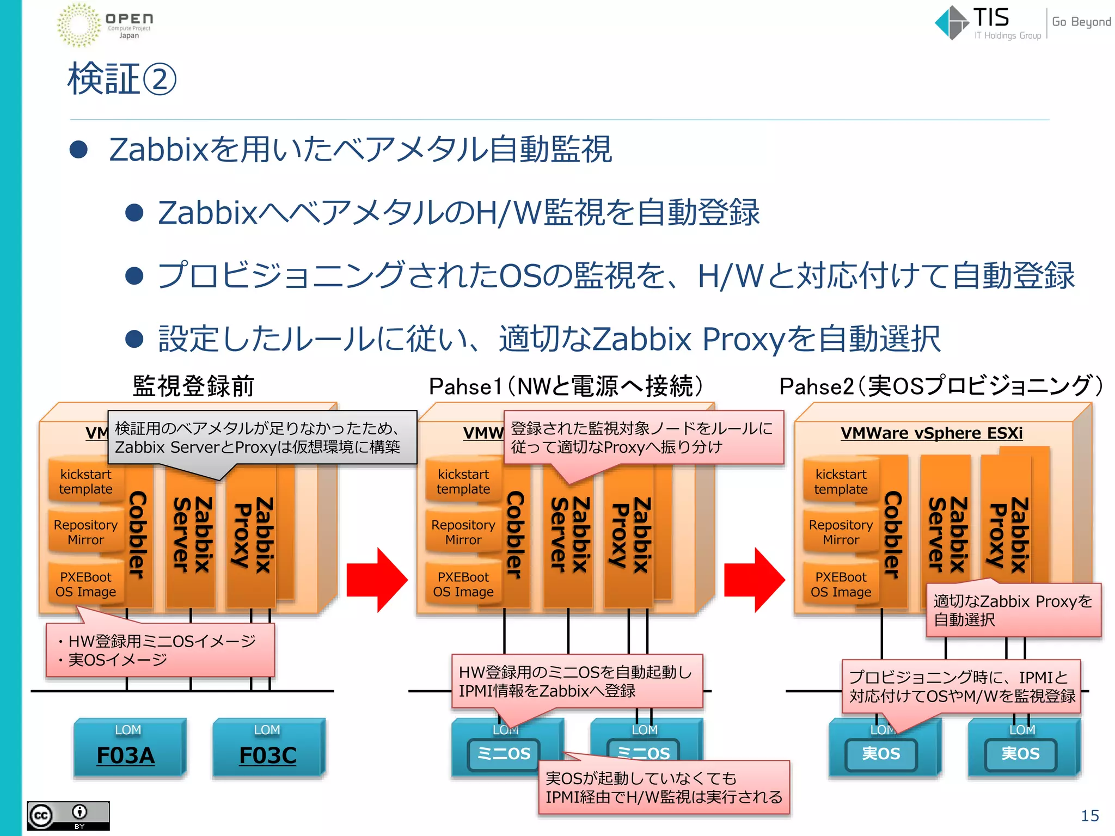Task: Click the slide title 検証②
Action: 122,79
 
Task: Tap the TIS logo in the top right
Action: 987,23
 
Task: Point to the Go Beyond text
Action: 1081,22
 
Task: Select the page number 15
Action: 1089,815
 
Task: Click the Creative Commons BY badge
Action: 68,815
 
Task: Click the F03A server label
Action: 126,755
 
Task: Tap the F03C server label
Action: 268,755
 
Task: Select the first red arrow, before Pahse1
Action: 377,580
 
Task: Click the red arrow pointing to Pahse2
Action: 755,580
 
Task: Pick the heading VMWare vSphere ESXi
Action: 931,433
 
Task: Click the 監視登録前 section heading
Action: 193,386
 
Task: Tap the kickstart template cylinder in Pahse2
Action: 841,482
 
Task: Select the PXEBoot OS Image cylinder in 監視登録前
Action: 85,585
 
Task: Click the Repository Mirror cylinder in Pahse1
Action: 463,532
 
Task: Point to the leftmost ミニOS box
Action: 503,754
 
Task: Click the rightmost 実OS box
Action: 1020,754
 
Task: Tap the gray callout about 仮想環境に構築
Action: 261,438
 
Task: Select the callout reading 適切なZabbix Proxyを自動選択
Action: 1013,610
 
